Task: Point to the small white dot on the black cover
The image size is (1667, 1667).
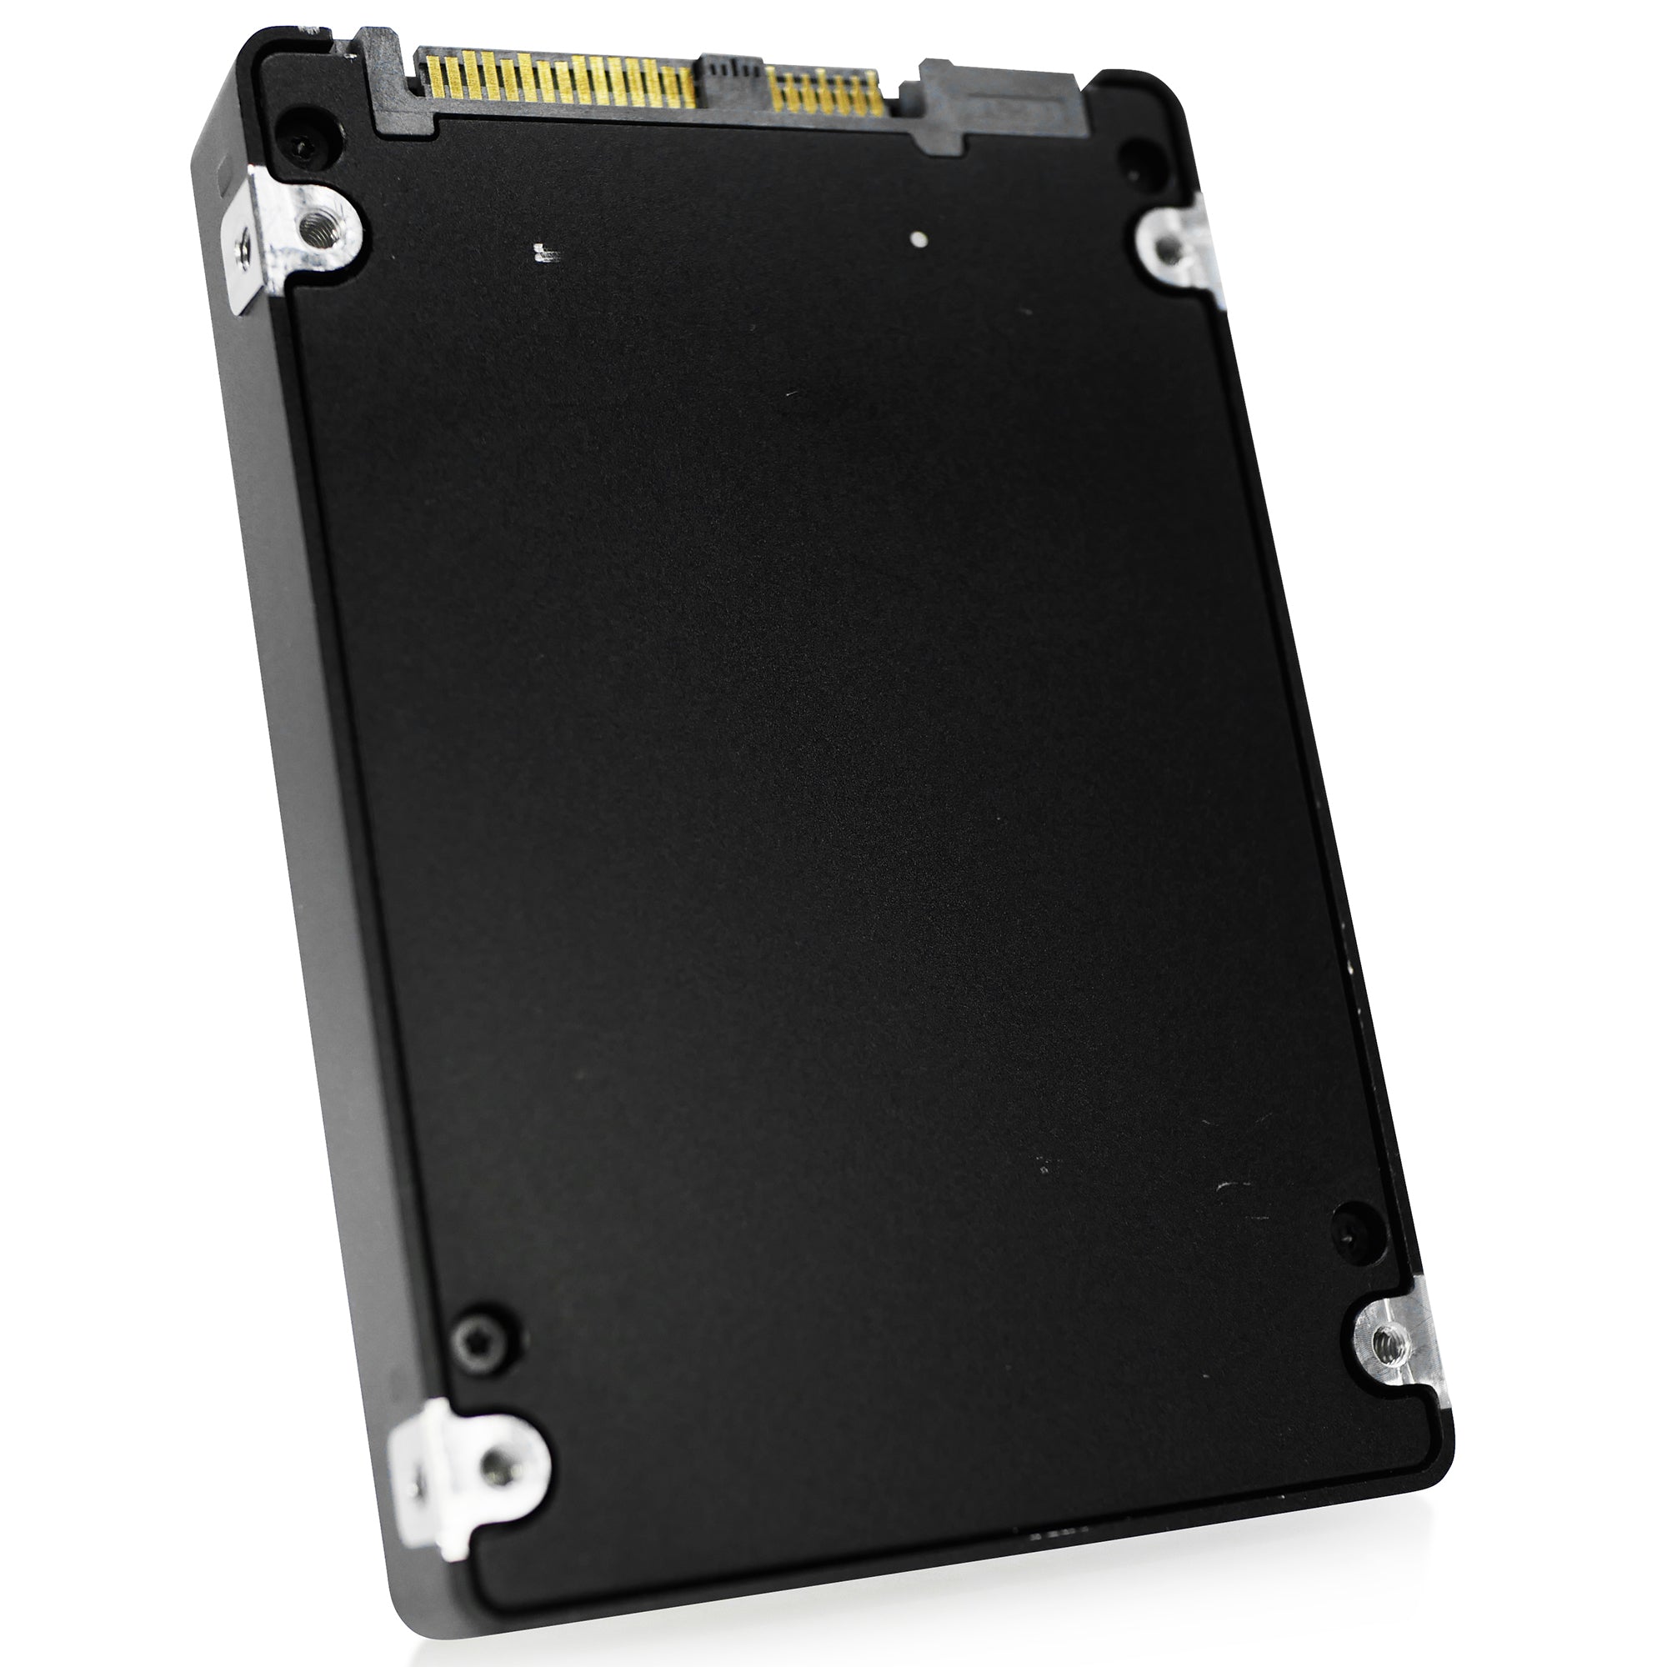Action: [x=922, y=239]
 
